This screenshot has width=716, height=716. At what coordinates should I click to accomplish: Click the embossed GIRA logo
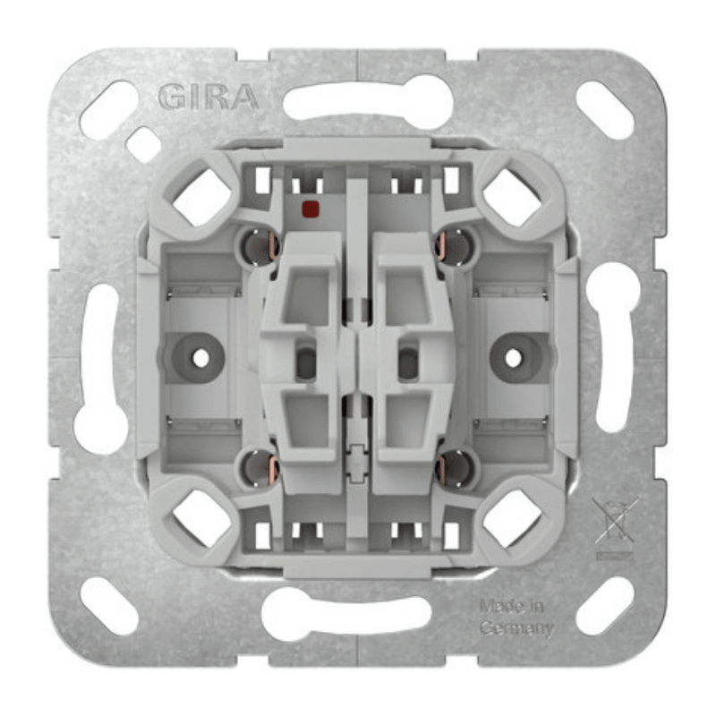click(208, 97)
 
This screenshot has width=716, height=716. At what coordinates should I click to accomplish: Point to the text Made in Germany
click(516, 617)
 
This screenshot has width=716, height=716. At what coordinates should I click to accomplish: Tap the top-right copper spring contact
click(456, 246)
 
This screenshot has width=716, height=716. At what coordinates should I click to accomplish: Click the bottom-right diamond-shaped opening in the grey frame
click(512, 517)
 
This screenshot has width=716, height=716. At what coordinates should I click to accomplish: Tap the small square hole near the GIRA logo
click(143, 144)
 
